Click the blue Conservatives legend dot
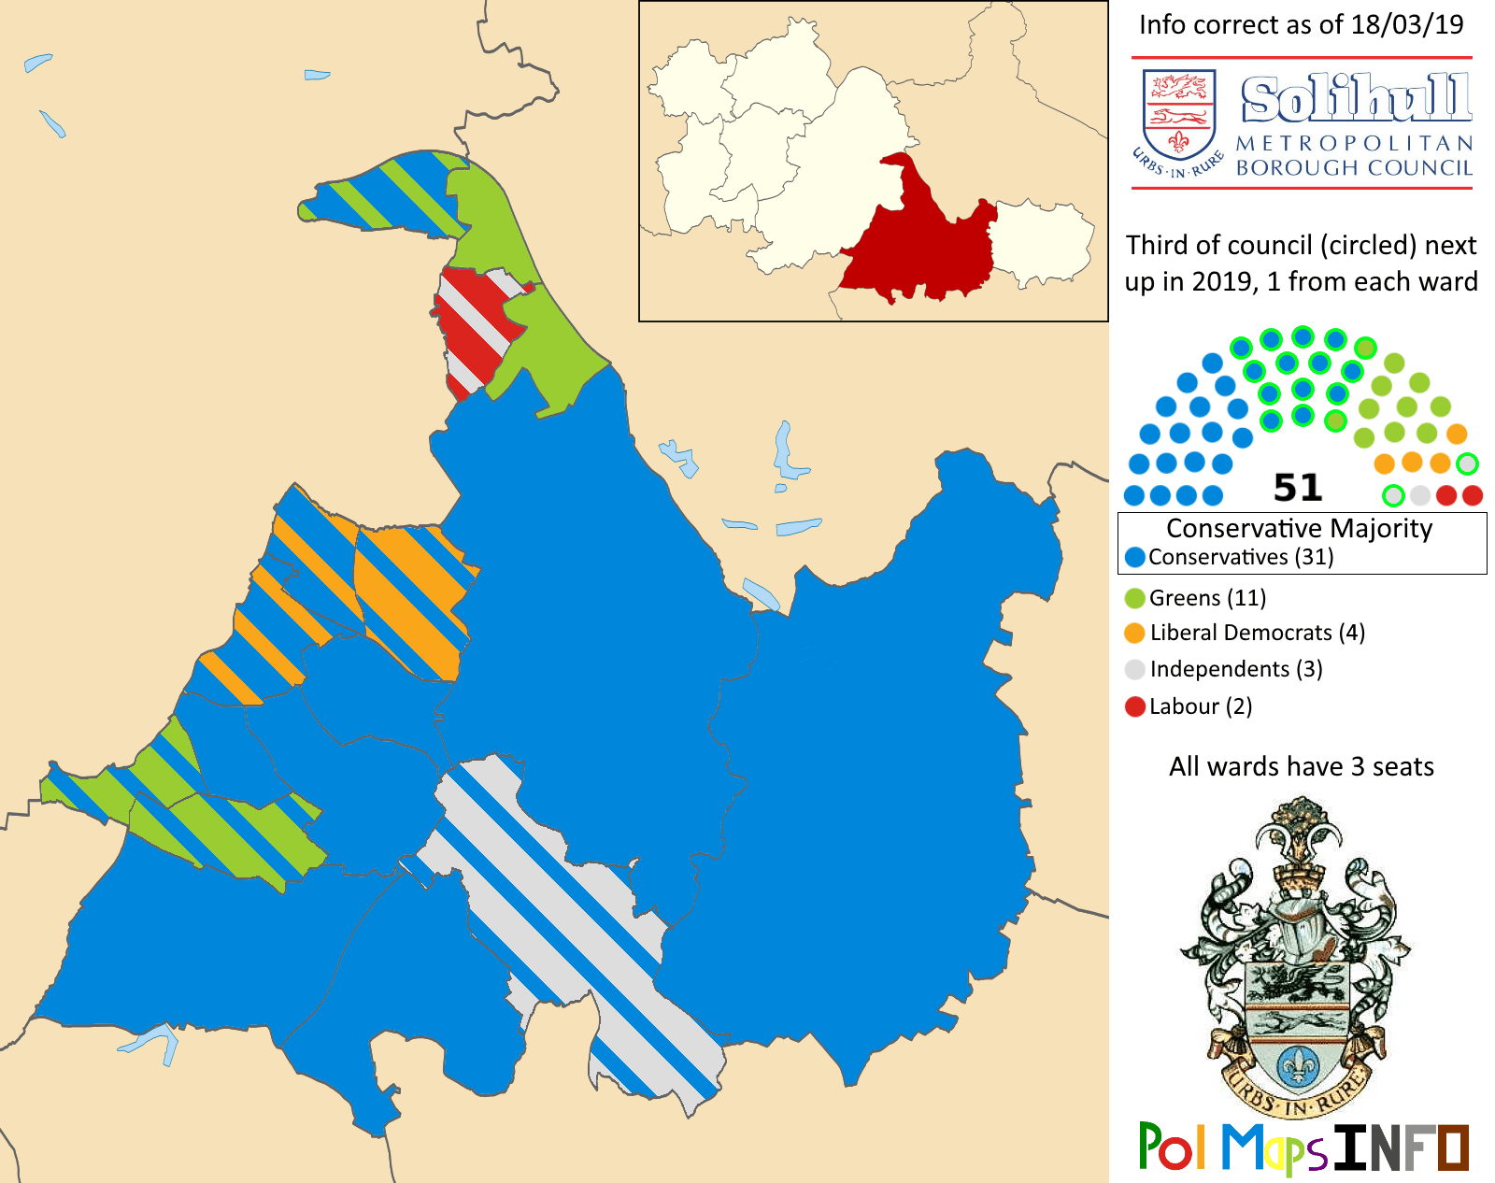pos(1135,558)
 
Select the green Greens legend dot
pos(1135,598)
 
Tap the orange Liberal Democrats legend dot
pos(1135,634)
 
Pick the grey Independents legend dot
pos(1135,669)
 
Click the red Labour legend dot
pos(1135,706)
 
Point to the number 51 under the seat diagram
pos(1298,488)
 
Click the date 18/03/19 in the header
pos(1407,25)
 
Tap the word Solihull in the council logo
pos(1356,99)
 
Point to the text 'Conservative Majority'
pos(1299,529)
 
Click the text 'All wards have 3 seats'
pos(1301,767)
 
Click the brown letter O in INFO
pos(1453,1147)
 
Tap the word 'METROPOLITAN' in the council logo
pos(1354,144)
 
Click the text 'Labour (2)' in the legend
pos(1201,706)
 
